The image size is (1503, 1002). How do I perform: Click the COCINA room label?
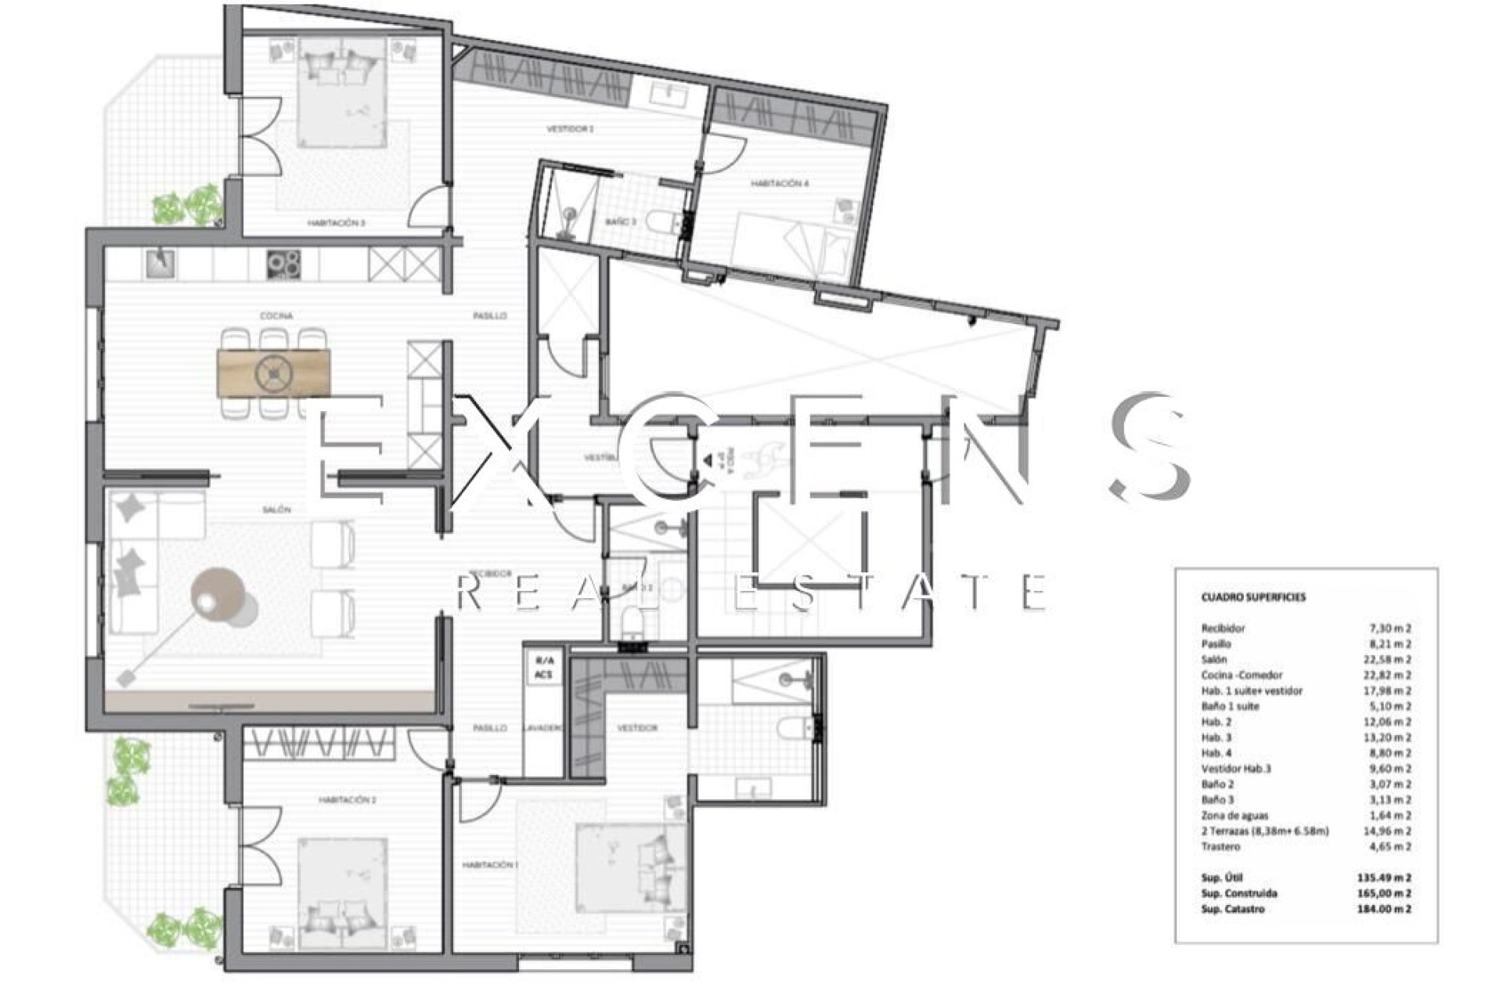[276, 315]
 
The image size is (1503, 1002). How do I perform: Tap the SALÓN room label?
[276, 510]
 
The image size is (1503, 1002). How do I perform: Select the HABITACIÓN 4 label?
[780, 183]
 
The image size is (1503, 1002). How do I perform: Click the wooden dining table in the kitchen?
[273, 372]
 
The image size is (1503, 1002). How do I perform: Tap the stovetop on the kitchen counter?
[284, 264]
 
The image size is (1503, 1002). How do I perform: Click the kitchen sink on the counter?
[162, 263]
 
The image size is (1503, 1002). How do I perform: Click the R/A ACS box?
[543, 668]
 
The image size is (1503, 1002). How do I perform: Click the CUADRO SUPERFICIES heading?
[1242, 597]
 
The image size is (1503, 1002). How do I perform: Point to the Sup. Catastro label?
[1232, 909]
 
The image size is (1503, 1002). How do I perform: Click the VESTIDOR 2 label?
[569, 128]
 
